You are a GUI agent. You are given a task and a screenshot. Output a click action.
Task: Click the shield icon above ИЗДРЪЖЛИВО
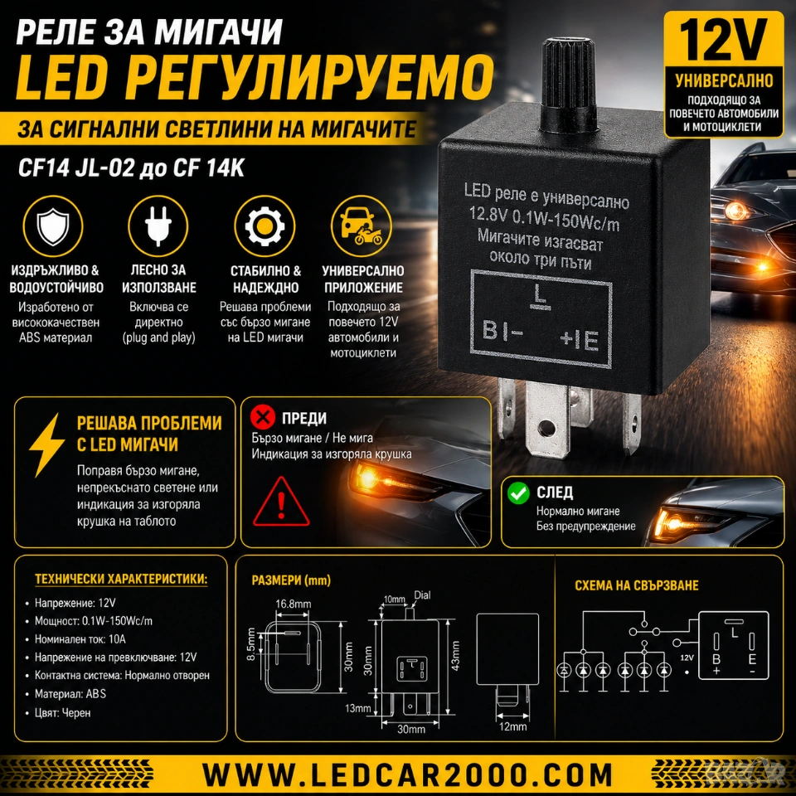[53, 226]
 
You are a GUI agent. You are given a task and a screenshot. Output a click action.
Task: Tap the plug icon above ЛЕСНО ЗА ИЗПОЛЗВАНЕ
[158, 226]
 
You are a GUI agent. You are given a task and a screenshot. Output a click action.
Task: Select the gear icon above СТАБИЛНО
[265, 226]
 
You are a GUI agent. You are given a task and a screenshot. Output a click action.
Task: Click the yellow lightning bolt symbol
[47, 444]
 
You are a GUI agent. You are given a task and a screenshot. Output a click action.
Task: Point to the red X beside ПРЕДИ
[263, 417]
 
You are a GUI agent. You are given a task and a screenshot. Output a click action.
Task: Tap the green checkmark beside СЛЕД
[517, 493]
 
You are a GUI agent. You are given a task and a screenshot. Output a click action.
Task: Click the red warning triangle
[281, 502]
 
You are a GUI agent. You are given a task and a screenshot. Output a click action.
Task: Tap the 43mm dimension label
[455, 656]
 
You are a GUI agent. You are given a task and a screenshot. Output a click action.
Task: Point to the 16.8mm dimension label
[293, 604]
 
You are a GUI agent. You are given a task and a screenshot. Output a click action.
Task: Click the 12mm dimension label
[512, 726]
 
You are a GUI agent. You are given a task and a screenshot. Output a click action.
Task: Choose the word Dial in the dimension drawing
[422, 595]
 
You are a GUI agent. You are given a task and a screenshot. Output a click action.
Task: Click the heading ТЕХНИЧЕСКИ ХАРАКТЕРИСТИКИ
[121, 580]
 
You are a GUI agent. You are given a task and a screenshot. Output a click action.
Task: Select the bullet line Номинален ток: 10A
[80, 639]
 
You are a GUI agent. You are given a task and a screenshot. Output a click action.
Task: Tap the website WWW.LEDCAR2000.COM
[408, 775]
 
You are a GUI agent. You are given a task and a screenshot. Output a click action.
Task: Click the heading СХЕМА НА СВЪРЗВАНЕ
[637, 585]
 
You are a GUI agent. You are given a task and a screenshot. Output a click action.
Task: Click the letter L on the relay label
[540, 297]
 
